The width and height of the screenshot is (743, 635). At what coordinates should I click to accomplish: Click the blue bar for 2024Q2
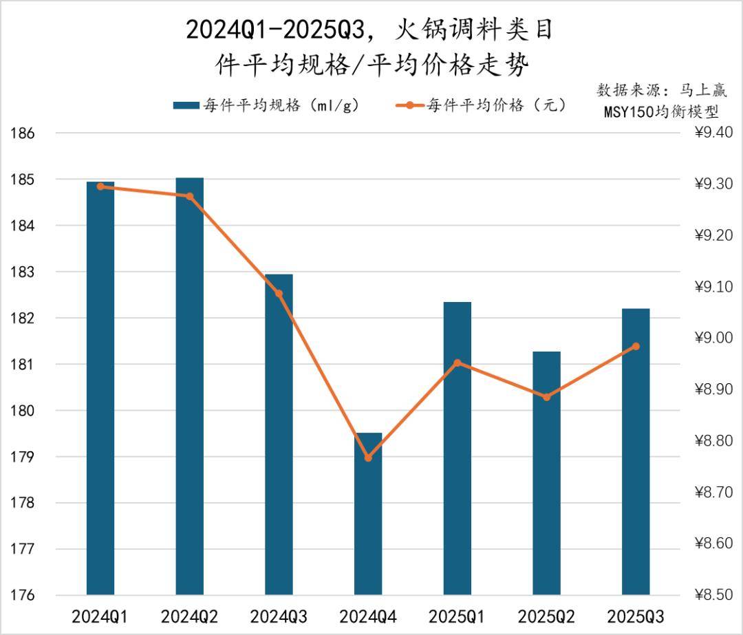pyautogui.click(x=189, y=385)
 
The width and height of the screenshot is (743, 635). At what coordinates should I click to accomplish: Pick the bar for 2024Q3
pyautogui.click(x=279, y=433)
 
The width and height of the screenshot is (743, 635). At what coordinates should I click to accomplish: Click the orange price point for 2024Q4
pyautogui.click(x=368, y=458)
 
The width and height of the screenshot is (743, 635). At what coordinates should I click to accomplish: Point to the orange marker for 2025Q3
pyautogui.click(x=636, y=346)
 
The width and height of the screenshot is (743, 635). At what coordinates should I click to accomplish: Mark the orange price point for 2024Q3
pyautogui.click(x=279, y=294)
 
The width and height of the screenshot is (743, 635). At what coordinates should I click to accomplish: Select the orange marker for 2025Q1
pyautogui.click(x=457, y=363)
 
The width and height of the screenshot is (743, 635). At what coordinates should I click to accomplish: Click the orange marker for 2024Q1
pyautogui.click(x=100, y=186)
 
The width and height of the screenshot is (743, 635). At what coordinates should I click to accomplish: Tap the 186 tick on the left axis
pyautogui.click(x=23, y=133)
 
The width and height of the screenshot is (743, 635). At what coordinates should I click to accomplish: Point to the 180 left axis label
pyautogui.click(x=23, y=411)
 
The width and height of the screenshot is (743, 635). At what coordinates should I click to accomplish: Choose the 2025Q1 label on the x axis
pyautogui.click(x=457, y=616)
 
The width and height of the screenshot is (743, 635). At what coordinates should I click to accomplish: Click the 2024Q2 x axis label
pyautogui.click(x=189, y=616)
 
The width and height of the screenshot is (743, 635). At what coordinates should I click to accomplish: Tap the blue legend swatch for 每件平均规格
pyautogui.click(x=185, y=105)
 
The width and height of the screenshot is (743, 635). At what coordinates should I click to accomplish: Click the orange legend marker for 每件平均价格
pyautogui.click(x=410, y=105)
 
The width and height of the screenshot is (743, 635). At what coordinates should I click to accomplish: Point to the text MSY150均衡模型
pyautogui.click(x=660, y=112)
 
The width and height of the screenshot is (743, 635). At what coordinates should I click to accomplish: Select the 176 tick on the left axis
pyautogui.click(x=23, y=595)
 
